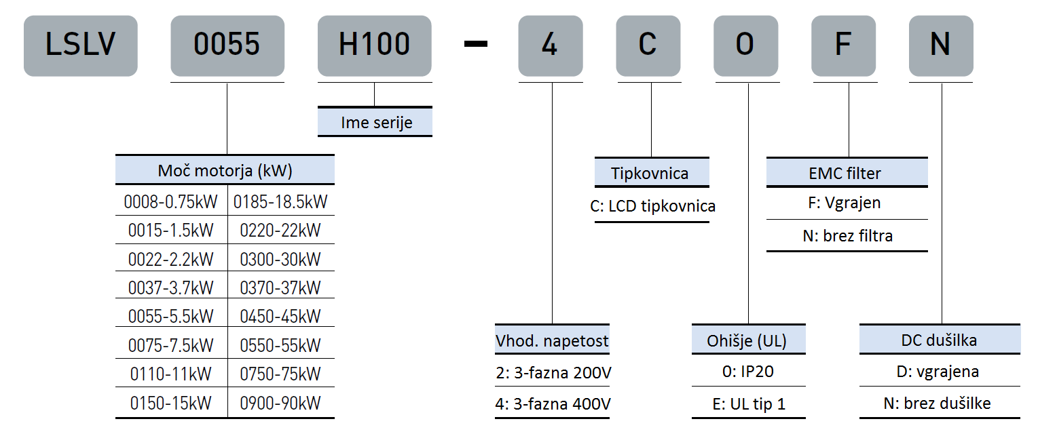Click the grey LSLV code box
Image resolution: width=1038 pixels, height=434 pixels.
click(x=80, y=45)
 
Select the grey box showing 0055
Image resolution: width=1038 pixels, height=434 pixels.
click(x=227, y=45)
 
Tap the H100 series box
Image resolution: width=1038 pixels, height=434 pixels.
click(x=374, y=45)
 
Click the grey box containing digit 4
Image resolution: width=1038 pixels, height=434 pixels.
click(x=550, y=45)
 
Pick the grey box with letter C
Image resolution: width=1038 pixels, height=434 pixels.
click(x=648, y=45)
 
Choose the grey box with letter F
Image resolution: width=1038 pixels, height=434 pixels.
click(x=842, y=45)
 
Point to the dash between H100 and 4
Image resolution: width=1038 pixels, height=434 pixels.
click(x=475, y=45)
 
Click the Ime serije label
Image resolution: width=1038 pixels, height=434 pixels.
click(x=375, y=123)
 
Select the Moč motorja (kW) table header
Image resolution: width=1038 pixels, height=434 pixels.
click(x=225, y=170)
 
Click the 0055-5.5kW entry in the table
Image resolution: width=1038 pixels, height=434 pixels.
click(x=170, y=316)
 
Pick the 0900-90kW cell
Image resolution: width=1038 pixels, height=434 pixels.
click(x=280, y=403)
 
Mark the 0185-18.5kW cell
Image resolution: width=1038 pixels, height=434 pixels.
click(x=280, y=201)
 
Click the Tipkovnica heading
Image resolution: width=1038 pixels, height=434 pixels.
click(x=650, y=173)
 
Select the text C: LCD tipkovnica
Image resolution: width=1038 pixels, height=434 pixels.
click(x=652, y=205)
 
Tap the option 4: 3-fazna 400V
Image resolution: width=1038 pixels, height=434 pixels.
click(x=553, y=403)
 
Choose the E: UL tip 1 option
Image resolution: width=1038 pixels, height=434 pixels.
click(x=748, y=403)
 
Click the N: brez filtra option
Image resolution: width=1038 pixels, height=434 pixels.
click(x=847, y=236)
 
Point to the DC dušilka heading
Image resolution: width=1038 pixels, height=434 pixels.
click(x=939, y=340)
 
